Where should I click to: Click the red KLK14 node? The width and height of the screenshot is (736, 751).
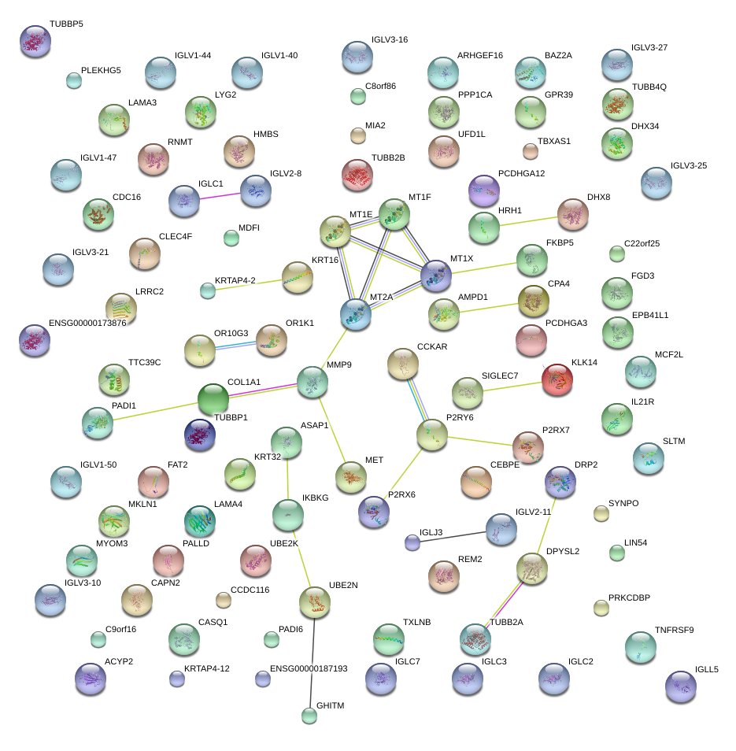(x=557, y=380)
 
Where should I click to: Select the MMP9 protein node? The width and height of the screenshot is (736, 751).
(x=313, y=383)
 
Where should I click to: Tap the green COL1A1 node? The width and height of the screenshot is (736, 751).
(x=212, y=398)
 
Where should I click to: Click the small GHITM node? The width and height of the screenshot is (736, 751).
(x=309, y=716)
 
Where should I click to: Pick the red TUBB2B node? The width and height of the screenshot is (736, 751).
(x=357, y=175)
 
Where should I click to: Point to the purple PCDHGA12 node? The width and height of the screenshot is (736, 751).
(x=483, y=191)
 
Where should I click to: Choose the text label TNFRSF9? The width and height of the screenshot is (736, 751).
(x=674, y=630)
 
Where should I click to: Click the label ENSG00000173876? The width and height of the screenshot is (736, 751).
(x=87, y=323)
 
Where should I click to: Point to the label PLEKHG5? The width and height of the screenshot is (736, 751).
(x=102, y=70)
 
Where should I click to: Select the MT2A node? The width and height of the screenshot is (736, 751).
(x=356, y=313)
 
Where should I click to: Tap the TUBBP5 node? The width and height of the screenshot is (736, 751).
(x=35, y=41)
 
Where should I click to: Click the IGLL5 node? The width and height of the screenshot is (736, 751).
(x=680, y=686)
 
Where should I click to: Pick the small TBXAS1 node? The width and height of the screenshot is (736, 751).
(x=531, y=150)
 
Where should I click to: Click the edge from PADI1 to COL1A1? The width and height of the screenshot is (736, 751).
(x=153, y=412)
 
